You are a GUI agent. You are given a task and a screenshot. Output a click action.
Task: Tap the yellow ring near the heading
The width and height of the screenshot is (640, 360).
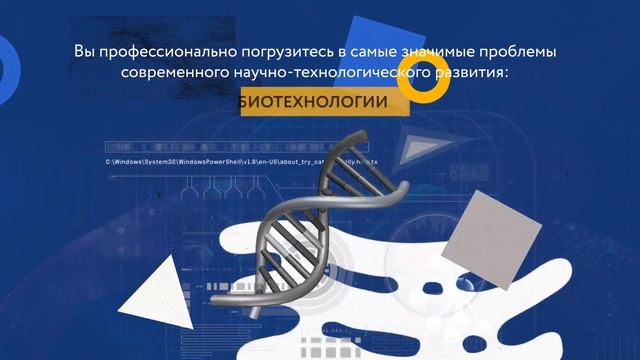pos(421,87)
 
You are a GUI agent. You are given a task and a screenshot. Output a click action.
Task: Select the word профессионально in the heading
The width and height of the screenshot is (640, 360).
pos(165,50)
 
